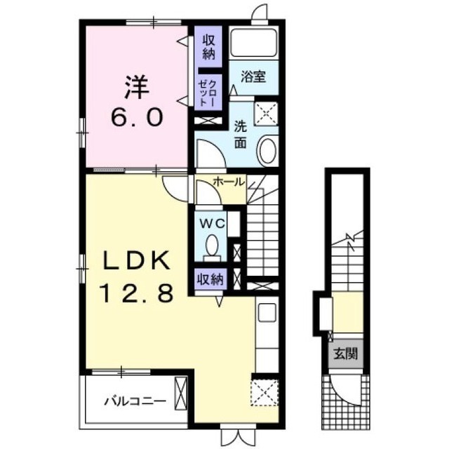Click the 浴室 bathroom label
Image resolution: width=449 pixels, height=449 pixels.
(253, 77)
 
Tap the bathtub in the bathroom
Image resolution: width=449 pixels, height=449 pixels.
(253, 42)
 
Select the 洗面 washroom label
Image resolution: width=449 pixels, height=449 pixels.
(241, 134)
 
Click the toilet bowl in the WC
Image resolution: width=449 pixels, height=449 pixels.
(212, 245)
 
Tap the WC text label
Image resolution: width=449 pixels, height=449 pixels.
(212, 224)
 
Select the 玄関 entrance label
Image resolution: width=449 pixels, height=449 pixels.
(346, 354)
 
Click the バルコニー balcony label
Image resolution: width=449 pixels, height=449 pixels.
(135, 402)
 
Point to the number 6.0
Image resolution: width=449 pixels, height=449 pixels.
(137, 117)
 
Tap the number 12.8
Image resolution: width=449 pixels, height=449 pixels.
(137, 293)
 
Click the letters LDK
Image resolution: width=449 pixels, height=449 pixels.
(135, 261)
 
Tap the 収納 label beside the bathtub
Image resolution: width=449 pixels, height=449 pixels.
(209, 48)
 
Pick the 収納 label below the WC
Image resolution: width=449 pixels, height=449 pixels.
(210, 279)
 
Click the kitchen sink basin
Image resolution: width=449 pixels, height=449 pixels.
(267, 312)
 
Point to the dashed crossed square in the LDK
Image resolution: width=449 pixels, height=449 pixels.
(264, 393)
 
